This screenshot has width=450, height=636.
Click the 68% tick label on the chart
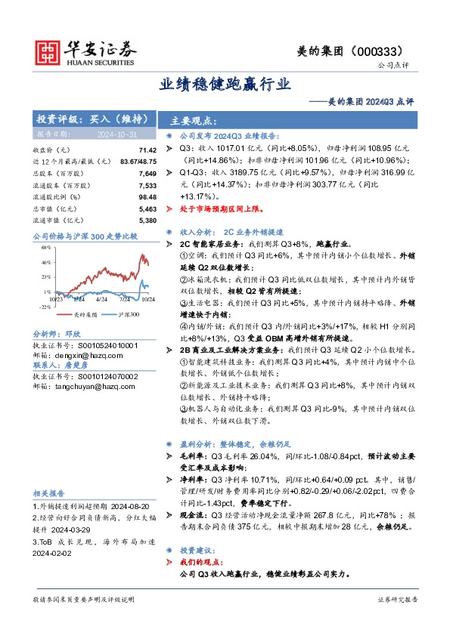point(45,246)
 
